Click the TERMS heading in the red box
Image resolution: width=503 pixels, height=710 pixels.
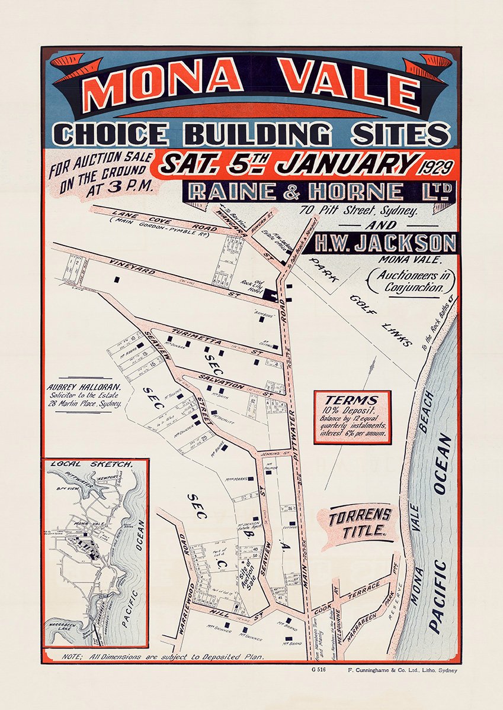coord(352,400)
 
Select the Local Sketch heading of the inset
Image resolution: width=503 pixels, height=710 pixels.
coord(91,465)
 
